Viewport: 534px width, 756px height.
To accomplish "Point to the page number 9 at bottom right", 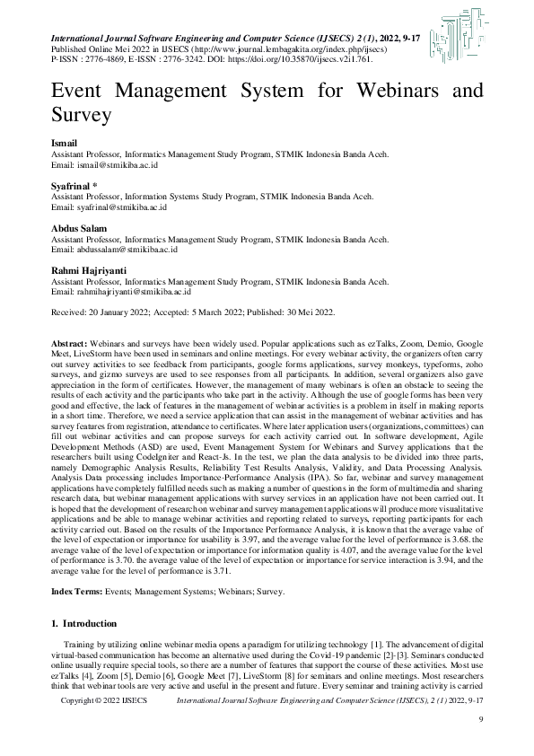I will click(481, 744).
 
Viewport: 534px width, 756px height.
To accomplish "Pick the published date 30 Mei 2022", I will click(302, 312).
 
